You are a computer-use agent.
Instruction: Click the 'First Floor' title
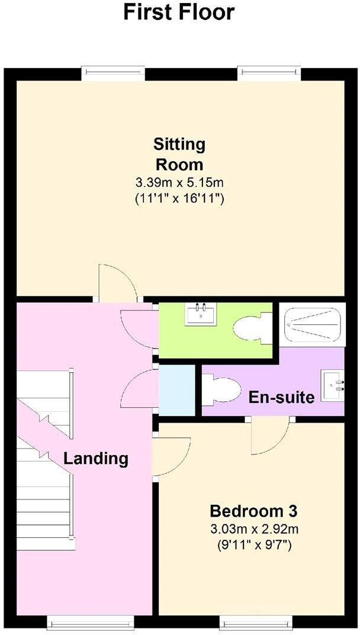179,12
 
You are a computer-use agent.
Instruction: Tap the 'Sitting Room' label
179,154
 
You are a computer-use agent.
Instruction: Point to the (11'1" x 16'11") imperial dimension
179,199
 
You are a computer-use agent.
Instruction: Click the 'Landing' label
95,458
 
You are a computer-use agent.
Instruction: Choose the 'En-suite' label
281,397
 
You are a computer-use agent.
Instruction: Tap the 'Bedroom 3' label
253,510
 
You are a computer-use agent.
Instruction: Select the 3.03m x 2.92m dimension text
253,528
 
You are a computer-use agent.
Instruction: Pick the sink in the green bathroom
200,314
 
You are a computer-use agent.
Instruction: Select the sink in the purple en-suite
333,382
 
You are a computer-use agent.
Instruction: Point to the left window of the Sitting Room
113,73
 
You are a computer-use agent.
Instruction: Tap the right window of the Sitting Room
270,73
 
